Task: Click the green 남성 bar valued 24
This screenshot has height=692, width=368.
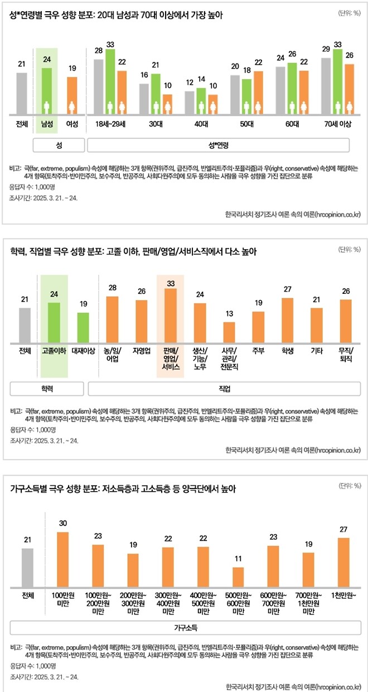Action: [47, 91]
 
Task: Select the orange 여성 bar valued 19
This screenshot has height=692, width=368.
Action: [72, 96]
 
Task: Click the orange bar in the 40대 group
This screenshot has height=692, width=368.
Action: [212, 105]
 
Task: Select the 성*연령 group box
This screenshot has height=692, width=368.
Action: [218, 145]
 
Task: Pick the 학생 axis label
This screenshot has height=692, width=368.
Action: [287, 351]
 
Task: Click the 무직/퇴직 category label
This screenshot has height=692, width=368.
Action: [345, 355]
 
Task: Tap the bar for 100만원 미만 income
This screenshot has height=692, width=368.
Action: [63, 558]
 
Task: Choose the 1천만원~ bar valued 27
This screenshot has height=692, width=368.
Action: [343, 560]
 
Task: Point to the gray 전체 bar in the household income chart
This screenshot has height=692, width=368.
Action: [28, 566]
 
